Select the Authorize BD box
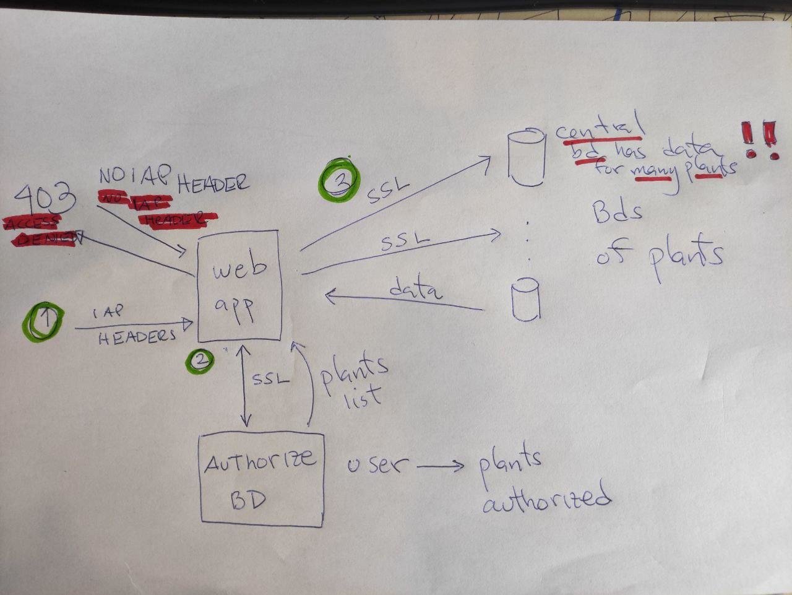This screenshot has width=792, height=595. (261, 480)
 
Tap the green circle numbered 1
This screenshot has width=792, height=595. (43, 320)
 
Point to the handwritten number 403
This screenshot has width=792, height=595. (45, 199)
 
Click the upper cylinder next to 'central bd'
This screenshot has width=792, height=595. (526, 157)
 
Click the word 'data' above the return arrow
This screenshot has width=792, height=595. (415, 289)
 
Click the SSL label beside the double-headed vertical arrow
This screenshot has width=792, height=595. (270, 378)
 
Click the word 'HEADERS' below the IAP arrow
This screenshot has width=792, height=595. (137, 336)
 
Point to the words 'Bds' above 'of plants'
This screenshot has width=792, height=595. (617, 213)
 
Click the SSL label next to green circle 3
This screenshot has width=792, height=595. (388, 191)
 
